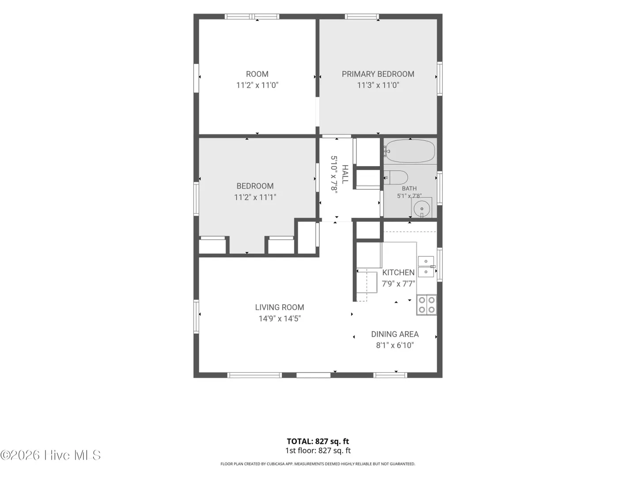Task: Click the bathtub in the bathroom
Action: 409,151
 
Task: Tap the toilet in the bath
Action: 396,178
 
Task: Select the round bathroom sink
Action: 422,208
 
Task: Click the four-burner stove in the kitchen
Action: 427,305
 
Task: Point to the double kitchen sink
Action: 426,266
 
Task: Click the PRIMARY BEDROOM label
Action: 378,74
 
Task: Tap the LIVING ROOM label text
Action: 280,307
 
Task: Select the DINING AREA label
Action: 395,334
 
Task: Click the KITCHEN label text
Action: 398,273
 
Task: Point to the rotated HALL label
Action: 345,174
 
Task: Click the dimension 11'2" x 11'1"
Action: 255,197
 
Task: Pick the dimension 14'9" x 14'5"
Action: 280,319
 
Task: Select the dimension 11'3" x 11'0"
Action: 378,85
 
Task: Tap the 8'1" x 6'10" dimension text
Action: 395,345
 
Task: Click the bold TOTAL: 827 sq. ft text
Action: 318,441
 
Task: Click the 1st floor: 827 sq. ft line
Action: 318,450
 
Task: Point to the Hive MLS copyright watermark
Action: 50,455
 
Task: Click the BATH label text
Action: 409,189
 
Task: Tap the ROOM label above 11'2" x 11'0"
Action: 257,74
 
